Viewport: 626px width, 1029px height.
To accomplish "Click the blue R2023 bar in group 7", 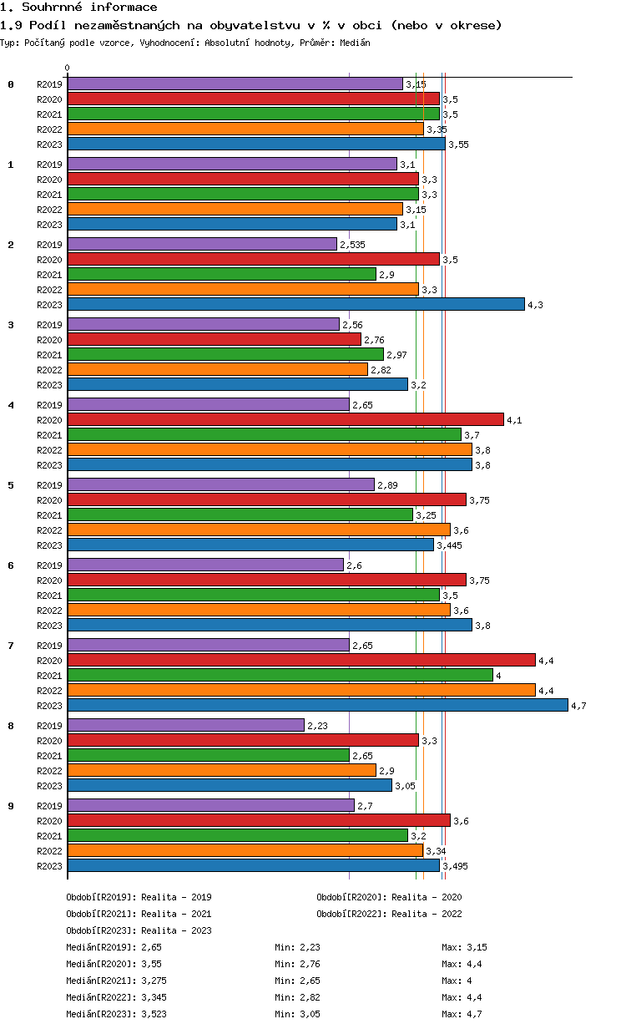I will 317,705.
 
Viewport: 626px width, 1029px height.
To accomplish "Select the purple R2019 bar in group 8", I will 185,725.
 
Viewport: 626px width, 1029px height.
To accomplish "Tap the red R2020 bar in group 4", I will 285,419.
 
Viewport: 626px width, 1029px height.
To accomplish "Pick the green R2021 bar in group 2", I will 221,274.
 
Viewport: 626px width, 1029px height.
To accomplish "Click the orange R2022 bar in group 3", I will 217,369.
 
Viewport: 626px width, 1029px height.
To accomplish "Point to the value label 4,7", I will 578,706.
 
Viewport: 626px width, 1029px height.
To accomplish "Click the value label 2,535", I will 352,245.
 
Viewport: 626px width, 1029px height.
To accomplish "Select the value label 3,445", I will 449,545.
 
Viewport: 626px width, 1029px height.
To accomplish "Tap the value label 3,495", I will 455,866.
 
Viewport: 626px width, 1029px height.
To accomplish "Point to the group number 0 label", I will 11,84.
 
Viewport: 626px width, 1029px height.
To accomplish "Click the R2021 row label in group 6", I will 49,596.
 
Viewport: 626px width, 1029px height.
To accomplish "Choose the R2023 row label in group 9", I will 49,866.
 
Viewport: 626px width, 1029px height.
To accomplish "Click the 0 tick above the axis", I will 68,68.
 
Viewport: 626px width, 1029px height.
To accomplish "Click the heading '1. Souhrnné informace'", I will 78,8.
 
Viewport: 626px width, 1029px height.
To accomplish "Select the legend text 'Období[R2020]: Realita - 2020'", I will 389,897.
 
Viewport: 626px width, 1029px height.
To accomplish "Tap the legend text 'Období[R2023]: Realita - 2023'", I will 139,930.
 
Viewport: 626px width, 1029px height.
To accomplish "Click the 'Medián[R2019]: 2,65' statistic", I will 113,947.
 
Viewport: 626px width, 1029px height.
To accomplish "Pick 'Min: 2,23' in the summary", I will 297,947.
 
